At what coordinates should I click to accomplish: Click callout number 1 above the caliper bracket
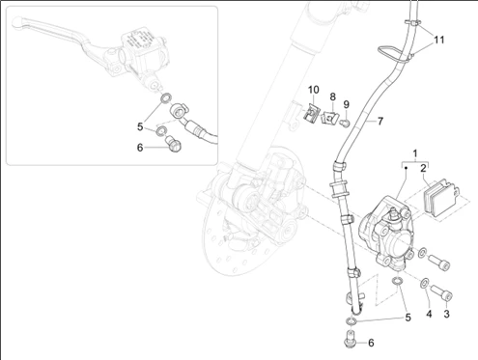[415, 153]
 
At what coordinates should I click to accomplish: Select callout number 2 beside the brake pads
[423, 168]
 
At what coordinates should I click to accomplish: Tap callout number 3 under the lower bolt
[446, 314]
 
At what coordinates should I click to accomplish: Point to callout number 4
[429, 314]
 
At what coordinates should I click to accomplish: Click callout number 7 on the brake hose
[380, 122]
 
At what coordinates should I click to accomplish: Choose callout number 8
[332, 97]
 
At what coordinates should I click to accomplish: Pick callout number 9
[346, 104]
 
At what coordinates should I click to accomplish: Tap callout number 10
[313, 90]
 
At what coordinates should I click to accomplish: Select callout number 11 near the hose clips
[439, 40]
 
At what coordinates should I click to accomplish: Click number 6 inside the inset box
[140, 148]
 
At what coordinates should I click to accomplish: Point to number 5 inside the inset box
[140, 126]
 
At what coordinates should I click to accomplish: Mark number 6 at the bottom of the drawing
[371, 343]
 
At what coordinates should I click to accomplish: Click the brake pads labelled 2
[440, 197]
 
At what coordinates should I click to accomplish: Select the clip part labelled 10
[311, 114]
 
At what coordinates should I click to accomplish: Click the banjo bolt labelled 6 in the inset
[173, 144]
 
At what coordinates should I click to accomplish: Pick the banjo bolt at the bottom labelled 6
[349, 339]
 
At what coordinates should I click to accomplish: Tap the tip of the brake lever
[16, 22]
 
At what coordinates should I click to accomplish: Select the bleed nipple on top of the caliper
[393, 212]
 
